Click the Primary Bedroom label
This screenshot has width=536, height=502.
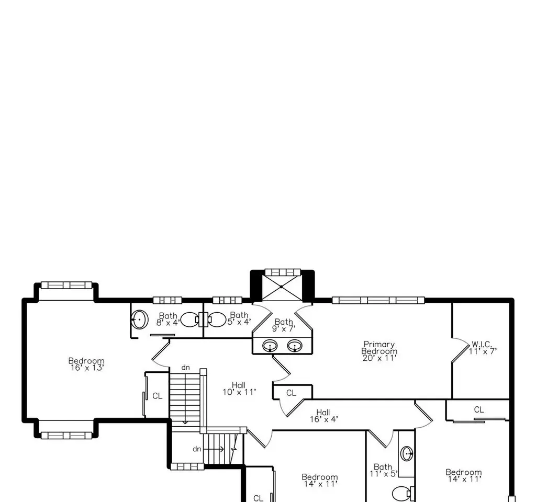[x=379, y=348]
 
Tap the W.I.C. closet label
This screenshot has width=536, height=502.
[x=482, y=344]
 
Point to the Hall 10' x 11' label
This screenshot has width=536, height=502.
[x=239, y=389]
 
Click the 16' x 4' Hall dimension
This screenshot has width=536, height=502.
[x=324, y=419]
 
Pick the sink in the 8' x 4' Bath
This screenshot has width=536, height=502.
[x=139, y=320]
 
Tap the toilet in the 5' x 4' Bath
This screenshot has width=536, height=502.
[x=215, y=320]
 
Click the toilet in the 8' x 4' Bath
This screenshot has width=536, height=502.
[x=191, y=320]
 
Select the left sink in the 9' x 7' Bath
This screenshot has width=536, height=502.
[x=270, y=346]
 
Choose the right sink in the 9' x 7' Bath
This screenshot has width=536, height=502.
[x=295, y=346]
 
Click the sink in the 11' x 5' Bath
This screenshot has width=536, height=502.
[x=407, y=454]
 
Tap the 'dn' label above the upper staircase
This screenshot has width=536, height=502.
[x=185, y=368]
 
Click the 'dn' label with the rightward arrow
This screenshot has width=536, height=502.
[x=197, y=449]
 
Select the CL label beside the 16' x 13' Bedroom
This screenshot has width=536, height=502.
[x=157, y=396]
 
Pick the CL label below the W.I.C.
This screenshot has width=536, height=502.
[x=479, y=409]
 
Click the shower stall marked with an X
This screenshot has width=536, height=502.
[x=282, y=287]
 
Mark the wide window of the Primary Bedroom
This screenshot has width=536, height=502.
[x=378, y=300]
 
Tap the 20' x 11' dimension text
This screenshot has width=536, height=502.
[x=379, y=358]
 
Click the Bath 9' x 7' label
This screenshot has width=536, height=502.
[x=284, y=325]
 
